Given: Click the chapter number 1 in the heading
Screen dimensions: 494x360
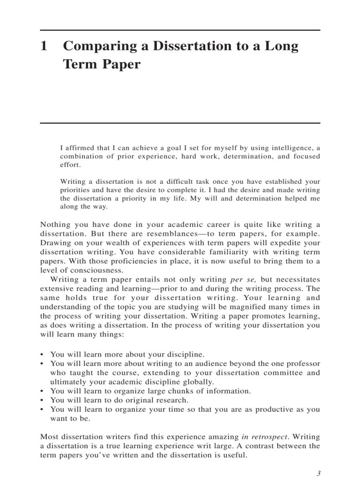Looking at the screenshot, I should (44, 47).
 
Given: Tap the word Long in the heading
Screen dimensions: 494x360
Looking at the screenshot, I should (281, 47).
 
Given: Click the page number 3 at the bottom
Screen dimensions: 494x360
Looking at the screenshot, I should (318, 474).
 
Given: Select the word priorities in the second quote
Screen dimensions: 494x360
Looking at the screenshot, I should (77, 189).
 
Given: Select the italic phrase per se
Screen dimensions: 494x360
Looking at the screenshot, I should (243, 279).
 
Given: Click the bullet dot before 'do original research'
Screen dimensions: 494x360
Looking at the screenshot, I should (42, 400).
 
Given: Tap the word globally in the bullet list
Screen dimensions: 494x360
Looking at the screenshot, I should (194, 382).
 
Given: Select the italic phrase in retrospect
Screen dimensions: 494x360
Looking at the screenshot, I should (266, 437).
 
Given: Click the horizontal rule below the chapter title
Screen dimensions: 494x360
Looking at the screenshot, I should (180, 123).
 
